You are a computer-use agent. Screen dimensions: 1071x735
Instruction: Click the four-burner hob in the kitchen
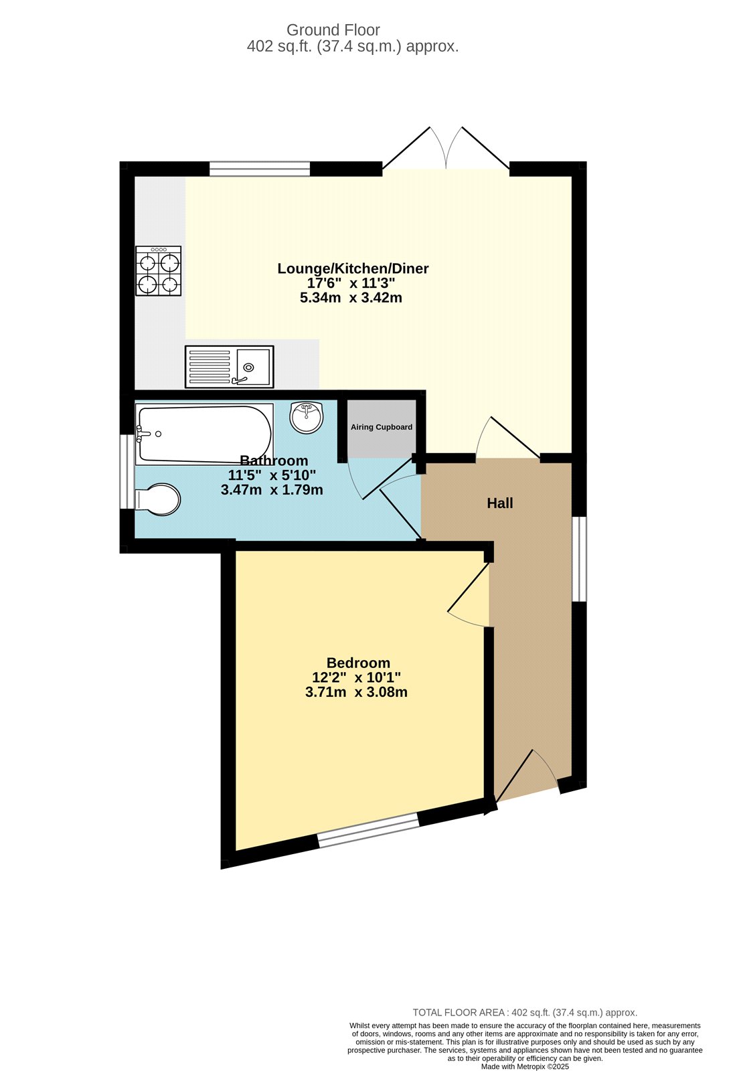pyautogui.click(x=159, y=271)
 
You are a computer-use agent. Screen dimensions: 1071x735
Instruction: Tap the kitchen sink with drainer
pyautogui.click(x=229, y=367)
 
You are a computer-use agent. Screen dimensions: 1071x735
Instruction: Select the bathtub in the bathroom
pyautogui.click(x=204, y=434)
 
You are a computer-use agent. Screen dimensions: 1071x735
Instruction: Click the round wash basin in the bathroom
pyautogui.click(x=307, y=417)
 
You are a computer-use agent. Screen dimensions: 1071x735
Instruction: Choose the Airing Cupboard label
pyautogui.click(x=382, y=427)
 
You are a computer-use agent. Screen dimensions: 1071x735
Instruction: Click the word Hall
pyautogui.click(x=500, y=503)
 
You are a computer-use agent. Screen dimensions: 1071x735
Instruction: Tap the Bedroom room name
pyautogui.click(x=358, y=663)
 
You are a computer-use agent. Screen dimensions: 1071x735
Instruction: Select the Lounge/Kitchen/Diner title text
pyautogui.click(x=353, y=268)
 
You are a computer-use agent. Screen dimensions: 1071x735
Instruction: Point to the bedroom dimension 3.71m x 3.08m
pyautogui.click(x=356, y=692)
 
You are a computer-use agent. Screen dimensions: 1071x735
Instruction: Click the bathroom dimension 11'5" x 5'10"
pyautogui.click(x=272, y=475)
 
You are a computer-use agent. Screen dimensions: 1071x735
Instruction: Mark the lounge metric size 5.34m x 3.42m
pyautogui.click(x=351, y=298)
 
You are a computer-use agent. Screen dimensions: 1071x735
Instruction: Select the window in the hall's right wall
pyautogui.click(x=579, y=559)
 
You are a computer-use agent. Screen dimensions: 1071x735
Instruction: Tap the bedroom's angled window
pyautogui.click(x=368, y=830)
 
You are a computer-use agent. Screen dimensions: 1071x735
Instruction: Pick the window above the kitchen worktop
pyautogui.click(x=260, y=169)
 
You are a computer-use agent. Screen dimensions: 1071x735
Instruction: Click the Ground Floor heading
pyautogui.click(x=333, y=30)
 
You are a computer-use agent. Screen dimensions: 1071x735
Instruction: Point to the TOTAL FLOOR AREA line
pyautogui.click(x=525, y=1013)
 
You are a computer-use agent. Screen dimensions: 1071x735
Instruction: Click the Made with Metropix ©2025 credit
pyautogui.click(x=525, y=1066)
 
